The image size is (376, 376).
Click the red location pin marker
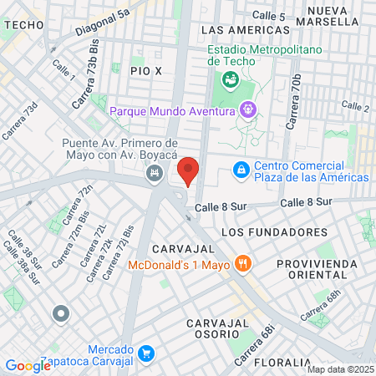tap(189, 170)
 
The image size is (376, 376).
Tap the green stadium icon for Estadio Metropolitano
tap(228, 80)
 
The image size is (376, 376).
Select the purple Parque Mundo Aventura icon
tap(247, 109)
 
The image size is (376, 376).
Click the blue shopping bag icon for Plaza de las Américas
tap(241, 170)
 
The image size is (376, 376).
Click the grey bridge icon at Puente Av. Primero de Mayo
tap(154, 174)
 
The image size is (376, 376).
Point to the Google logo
tap(28, 365)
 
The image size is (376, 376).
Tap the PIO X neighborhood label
tap(145, 72)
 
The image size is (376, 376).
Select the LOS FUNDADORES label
tap(274, 231)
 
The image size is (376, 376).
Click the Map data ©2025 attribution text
tap(340, 369)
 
